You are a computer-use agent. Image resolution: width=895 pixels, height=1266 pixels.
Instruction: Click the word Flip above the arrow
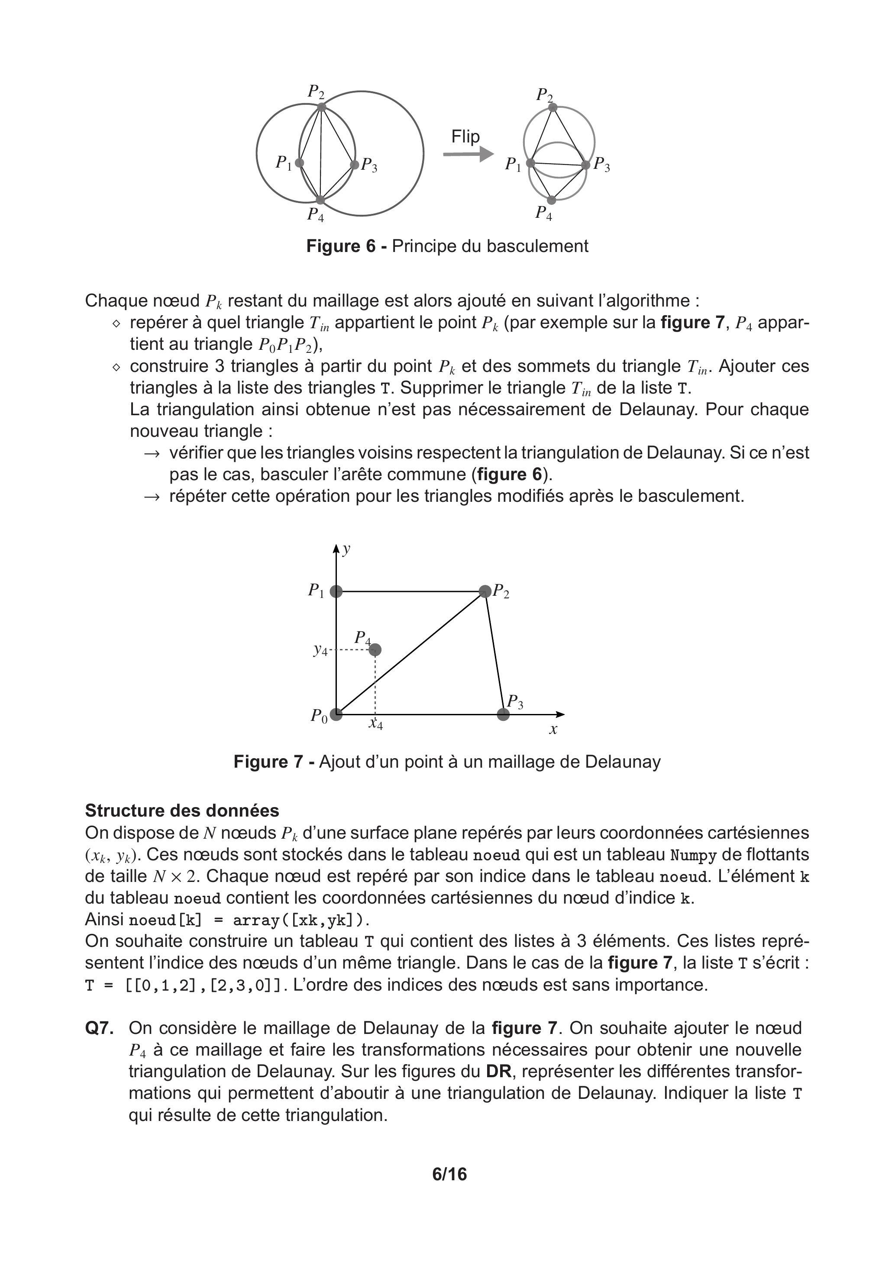pyautogui.click(x=465, y=136)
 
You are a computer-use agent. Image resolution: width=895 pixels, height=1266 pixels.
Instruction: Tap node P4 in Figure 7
pyautogui.click(x=375, y=649)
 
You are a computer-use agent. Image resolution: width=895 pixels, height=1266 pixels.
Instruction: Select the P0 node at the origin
pyautogui.click(x=336, y=714)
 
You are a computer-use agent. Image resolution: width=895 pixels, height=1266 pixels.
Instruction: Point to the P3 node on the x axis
pyautogui.click(x=503, y=714)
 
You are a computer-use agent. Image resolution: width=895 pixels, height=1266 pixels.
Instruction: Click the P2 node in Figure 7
pyautogui.click(x=485, y=591)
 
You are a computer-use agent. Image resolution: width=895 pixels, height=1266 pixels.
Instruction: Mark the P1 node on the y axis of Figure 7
pyautogui.click(x=336, y=591)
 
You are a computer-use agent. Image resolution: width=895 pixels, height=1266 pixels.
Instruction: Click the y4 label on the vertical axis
pyautogui.click(x=320, y=650)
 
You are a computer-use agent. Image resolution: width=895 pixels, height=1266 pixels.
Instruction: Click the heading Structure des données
pyautogui.click(x=182, y=811)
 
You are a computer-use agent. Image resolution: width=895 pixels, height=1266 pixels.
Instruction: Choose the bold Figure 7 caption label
pyautogui.click(x=268, y=762)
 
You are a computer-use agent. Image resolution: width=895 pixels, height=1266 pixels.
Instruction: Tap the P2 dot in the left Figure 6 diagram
pyautogui.click(x=321, y=107)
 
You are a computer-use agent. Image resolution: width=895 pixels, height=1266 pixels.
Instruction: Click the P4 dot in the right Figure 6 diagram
pyautogui.click(x=551, y=200)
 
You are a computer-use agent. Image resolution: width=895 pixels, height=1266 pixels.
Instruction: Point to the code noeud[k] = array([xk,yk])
pyautogui.click(x=249, y=920)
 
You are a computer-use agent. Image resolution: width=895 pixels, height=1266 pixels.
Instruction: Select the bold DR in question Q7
pyautogui.click(x=498, y=1071)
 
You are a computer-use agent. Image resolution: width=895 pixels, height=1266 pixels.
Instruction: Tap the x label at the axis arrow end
pyautogui.click(x=553, y=730)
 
